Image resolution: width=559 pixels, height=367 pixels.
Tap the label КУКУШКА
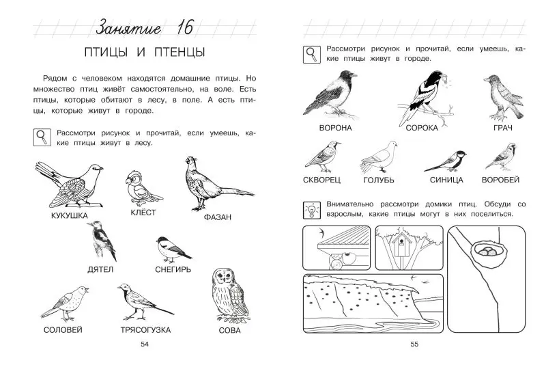coord(69,216)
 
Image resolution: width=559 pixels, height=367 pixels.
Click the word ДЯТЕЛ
coord(100,269)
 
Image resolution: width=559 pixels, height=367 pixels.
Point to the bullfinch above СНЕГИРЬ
coord(173,249)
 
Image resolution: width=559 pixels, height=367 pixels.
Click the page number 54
coord(145,344)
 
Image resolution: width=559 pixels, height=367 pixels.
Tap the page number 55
coord(414,344)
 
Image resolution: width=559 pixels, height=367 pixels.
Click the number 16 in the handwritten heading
coord(185,27)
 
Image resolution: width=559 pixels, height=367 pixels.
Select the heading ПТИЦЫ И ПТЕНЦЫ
coord(145,53)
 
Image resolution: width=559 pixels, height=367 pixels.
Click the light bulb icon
coord(312,210)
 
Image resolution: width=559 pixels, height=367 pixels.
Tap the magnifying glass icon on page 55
coord(312,55)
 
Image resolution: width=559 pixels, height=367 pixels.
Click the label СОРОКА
coord(422,128)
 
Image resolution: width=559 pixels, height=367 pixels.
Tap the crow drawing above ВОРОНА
coord(330,94)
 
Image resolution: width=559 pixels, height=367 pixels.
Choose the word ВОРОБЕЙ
coord(500,180)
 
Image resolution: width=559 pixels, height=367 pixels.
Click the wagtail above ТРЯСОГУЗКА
coord(145,302)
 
